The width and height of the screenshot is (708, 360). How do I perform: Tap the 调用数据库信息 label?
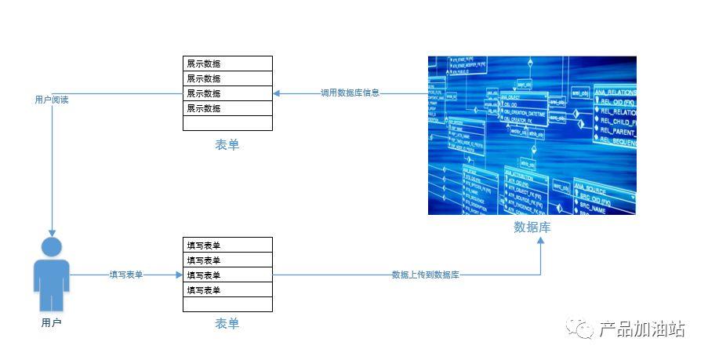350,93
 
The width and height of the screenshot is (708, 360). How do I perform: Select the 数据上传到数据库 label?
425,275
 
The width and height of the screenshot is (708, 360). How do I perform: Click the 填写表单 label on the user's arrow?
126,275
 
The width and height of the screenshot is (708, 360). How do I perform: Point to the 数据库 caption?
532,227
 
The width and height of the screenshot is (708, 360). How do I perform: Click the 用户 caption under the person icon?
51,322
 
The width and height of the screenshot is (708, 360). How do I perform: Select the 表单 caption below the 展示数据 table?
227,145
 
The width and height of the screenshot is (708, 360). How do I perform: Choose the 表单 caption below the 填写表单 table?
227,324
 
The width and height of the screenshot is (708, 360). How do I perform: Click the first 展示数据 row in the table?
227,64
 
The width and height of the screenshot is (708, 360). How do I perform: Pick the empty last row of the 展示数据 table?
227,123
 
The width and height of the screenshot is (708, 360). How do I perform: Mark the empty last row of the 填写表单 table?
227,304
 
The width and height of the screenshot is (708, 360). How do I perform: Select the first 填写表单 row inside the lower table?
227,245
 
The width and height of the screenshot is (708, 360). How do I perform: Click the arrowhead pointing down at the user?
52,232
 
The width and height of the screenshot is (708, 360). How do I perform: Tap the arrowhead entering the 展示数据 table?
277,93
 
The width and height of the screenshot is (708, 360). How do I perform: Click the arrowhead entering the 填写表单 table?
179,275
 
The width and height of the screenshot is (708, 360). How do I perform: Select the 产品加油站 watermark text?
642,329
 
